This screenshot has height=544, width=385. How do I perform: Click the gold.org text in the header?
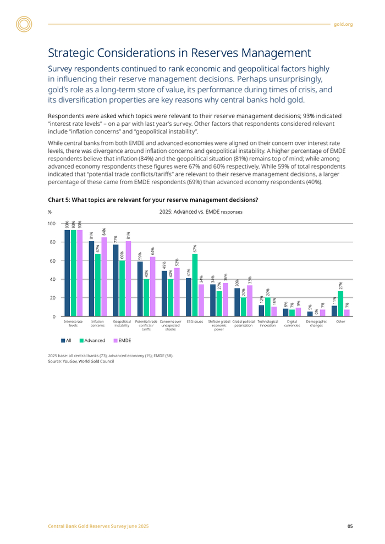coord(343,24)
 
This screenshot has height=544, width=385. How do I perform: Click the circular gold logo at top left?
coord(24,24)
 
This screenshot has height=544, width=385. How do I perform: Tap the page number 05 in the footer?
coord(350,526)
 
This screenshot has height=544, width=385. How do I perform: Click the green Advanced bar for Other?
coord(340,303)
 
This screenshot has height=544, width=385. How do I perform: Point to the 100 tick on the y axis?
coord(51,224)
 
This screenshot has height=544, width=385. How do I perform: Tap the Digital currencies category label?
coord(292,323)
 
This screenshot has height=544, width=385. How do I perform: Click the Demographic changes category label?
coord(316,323)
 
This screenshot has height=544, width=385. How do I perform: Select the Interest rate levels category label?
coord(73,323)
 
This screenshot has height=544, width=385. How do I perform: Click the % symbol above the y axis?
coord(50,212)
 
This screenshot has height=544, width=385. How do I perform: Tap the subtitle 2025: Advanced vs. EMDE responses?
coord(200,212)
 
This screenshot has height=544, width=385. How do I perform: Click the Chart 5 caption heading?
coord(153,199)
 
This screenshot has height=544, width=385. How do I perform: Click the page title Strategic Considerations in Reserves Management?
coord(179,53)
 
